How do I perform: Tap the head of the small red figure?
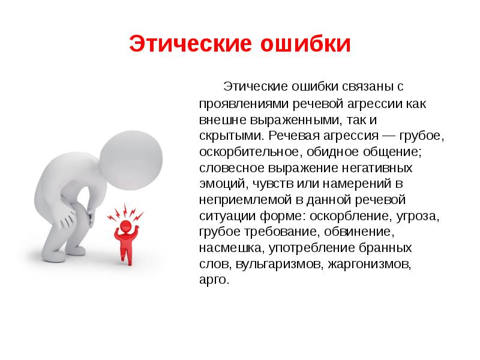(127, 227)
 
